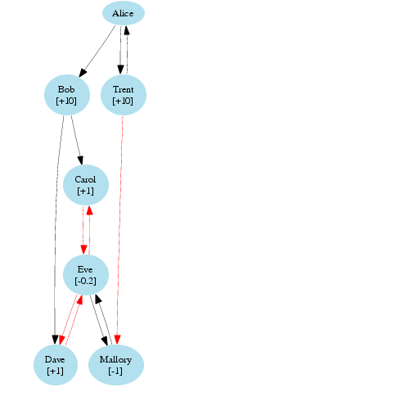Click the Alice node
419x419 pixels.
(124, 13)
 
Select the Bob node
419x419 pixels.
(67, 95)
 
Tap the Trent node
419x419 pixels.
(124, 95)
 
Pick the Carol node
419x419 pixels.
(86, 185)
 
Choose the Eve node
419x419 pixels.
(86, 275)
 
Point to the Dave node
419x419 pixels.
(56, 365)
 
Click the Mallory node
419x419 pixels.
(116, 365)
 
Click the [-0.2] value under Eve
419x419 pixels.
(85, 281)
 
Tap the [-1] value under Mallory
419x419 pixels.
(115, 371)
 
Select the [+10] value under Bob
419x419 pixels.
(66, 101)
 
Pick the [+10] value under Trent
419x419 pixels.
(123, 101)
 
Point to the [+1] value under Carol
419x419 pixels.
(85, 191)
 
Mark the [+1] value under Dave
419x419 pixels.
(55, 371)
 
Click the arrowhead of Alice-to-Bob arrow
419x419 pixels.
(83, 73)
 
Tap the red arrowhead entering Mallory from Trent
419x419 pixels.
(117, 340)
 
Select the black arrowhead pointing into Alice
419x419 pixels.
(127, 30)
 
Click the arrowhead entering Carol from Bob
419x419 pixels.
(80, 160)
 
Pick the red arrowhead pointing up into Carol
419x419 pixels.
(89, 210)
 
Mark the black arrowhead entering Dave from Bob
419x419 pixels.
(55, 340)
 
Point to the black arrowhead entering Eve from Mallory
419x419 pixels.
(97, 299)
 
